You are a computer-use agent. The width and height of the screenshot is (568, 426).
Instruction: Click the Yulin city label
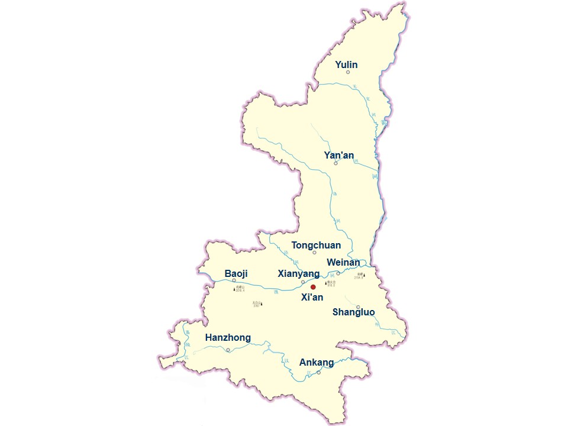(346, 64)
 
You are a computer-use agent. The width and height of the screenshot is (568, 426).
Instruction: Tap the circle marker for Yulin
(348, 72)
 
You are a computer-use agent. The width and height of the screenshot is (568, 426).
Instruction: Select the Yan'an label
(339, 155)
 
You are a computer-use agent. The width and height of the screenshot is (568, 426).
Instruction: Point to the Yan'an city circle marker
(335, 163)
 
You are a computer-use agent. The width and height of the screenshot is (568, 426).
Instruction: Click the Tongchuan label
(316, 245)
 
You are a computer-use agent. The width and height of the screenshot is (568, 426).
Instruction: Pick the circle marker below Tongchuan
(314, 253)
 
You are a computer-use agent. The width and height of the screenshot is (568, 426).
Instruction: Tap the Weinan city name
(343, 262)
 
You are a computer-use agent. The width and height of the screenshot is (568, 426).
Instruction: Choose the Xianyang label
(298, 273)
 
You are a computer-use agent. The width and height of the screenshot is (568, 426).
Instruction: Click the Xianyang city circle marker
(303, 282)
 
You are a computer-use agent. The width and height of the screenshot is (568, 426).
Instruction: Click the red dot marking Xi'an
(314, 287)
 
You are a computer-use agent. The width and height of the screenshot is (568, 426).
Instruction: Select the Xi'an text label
(312, 297)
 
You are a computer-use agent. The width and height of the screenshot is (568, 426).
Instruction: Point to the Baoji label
(236, 273)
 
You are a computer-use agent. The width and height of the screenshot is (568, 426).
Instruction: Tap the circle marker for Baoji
(234, 281)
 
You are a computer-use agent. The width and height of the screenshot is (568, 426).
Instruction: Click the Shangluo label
(353, 312)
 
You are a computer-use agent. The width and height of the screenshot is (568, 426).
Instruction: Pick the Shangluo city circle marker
(358, 306)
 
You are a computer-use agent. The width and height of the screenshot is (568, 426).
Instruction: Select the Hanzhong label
(228, 338)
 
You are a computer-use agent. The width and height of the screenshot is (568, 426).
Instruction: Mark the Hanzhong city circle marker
(228, 350)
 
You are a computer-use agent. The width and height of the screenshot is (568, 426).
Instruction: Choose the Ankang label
(317, 362)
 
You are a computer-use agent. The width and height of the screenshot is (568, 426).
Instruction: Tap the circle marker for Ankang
(318, 372)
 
